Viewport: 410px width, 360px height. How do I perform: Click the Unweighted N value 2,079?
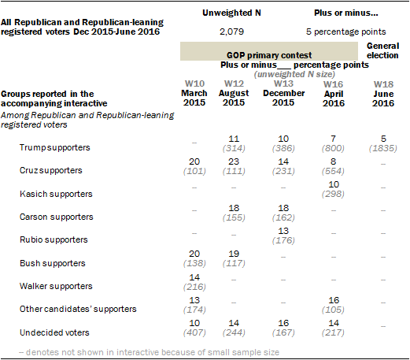[x=231, y=32]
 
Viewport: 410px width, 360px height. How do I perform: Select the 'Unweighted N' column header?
[x=231, y=13]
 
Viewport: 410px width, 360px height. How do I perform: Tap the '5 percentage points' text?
[x=346, y=32]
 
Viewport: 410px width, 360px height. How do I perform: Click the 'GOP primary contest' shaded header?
[x=269, y=51]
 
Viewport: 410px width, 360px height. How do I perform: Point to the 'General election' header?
[x=382, y=50]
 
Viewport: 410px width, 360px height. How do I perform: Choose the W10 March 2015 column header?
[x=194, y=93]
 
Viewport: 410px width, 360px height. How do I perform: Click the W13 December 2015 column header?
[x=283, y=93]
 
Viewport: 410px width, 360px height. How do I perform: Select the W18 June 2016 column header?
[x=383, y=94]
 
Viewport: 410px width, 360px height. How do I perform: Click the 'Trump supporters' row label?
[x=54, y=147]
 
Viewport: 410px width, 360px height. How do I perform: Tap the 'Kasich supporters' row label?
[x=56, y=194]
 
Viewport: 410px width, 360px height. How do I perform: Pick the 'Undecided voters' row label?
[x=54, y=332]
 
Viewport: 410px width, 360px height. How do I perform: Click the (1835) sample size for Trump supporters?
[x=383, y=148]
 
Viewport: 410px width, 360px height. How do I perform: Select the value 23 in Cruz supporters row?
[x=234, y=161]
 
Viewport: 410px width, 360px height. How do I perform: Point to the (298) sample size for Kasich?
[x=333, y=194]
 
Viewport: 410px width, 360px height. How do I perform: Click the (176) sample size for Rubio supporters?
[x=283, y=240]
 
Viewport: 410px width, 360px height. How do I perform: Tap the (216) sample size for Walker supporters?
[x=194, y=287]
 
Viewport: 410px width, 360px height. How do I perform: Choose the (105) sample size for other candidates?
[x=333, y=310]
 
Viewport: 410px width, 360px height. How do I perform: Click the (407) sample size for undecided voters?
[x=194, y=332]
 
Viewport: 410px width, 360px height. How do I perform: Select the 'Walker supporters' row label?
[x=56, y=286]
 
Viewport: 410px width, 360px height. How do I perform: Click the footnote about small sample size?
[x=150, y=352]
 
